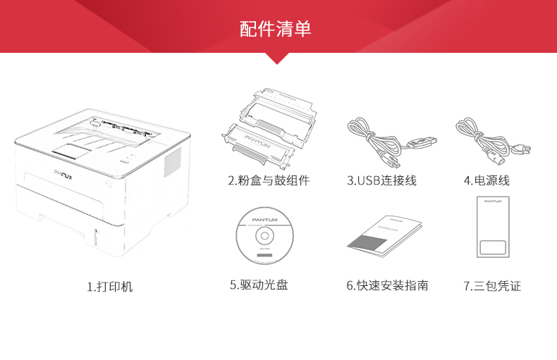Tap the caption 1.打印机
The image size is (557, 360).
[109, 287]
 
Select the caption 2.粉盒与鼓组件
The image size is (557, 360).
[269, 181]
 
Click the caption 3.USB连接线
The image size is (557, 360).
[381, 181]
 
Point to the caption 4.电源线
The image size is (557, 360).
[486, 181]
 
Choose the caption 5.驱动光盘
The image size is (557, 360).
[259, 285]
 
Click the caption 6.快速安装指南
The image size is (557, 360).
[387, 285]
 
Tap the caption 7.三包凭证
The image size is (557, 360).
[492, 285]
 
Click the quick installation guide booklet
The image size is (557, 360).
[384, 234]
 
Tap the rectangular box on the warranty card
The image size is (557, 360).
[493, 248]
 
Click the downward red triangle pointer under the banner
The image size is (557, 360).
[278, 58]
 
